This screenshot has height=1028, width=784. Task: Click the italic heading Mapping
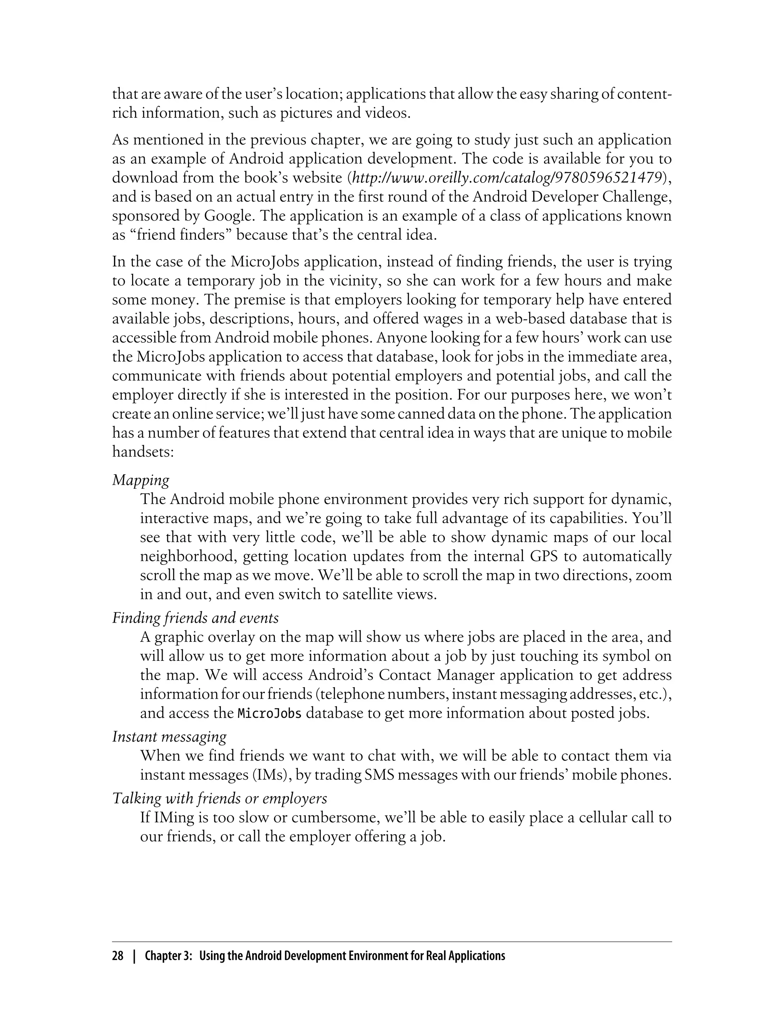click(x=140, y=480)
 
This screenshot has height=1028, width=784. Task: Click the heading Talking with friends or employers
click(x=219, y=799)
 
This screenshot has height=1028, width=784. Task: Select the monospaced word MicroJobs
click(x=269, y=714)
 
